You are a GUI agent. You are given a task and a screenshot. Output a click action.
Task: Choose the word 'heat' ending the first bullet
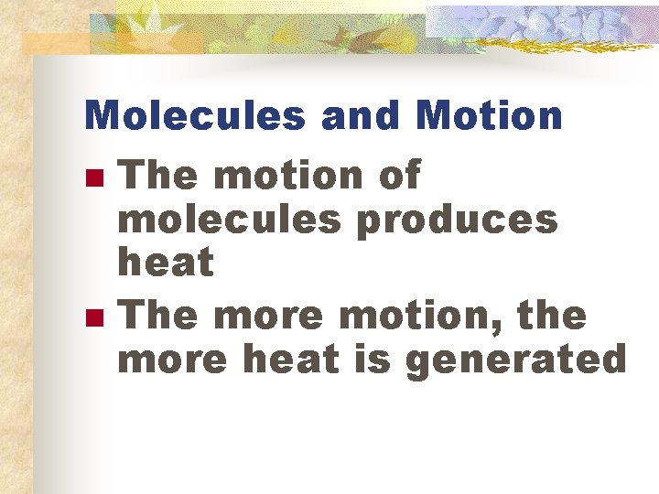[x=167, y=263]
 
